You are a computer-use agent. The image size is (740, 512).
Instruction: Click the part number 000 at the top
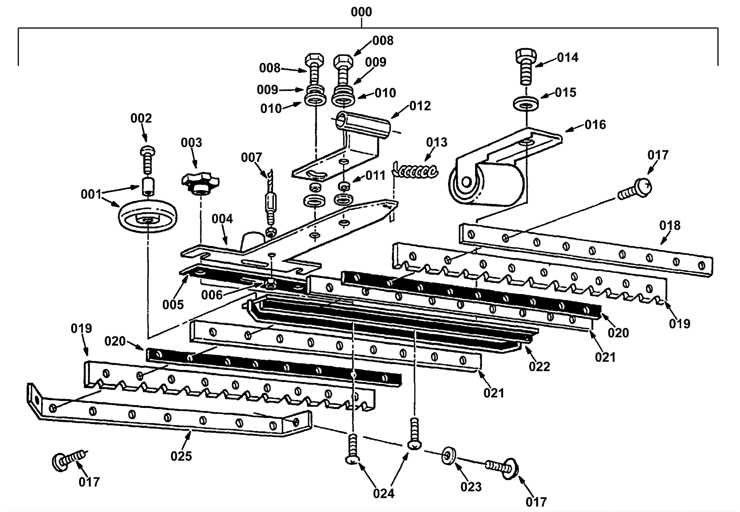click(x=361, y=12)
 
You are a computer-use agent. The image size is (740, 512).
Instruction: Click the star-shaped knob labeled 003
click(x=200, y=183)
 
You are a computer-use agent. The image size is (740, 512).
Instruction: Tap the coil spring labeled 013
click(x=415, y=171)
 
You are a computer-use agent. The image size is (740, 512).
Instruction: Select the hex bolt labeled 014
click(x=525, y=67)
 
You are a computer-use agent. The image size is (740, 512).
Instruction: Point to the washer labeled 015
click(x=525, y=104)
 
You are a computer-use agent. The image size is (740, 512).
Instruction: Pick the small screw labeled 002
click(x=148, y=160)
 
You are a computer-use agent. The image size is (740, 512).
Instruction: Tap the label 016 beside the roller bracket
click(x=595, y=125)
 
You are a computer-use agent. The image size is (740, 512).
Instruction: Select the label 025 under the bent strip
click(x=181, y=456)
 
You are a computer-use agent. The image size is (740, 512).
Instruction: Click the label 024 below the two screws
click(x=383, y=493)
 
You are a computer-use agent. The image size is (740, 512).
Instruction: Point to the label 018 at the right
click(x=670, y=226)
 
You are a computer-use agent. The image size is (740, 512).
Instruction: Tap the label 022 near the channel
click(x=539, y=367)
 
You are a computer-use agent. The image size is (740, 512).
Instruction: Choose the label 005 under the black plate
click(x=173, y=305)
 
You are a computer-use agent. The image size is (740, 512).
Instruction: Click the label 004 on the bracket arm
click(x=222, y=219)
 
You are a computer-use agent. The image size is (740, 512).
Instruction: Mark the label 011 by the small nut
click(x=375, y=175)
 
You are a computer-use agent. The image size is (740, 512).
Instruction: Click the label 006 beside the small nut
click(x=212, y=295)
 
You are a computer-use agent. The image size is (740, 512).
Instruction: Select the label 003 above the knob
click(x=191, y=143)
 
